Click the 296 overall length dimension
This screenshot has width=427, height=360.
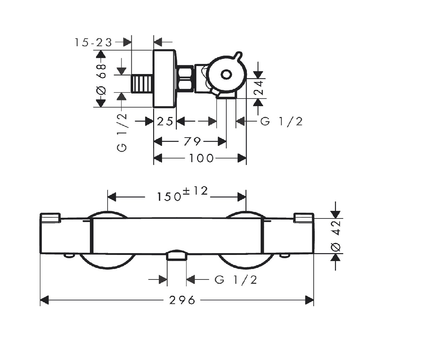coord(182,300)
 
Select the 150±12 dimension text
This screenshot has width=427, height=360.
coord(182,194)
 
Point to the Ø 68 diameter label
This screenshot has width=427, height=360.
coord(101,79)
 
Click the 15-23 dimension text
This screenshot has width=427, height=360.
coord(93,43)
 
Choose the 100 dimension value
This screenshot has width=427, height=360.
coord(201,158)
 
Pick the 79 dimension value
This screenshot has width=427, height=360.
coord(192,142)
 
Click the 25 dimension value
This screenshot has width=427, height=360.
coord(165,121)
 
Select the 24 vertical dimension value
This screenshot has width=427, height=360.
coord(259,87)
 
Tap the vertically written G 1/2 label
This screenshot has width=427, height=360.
coord(122,133)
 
